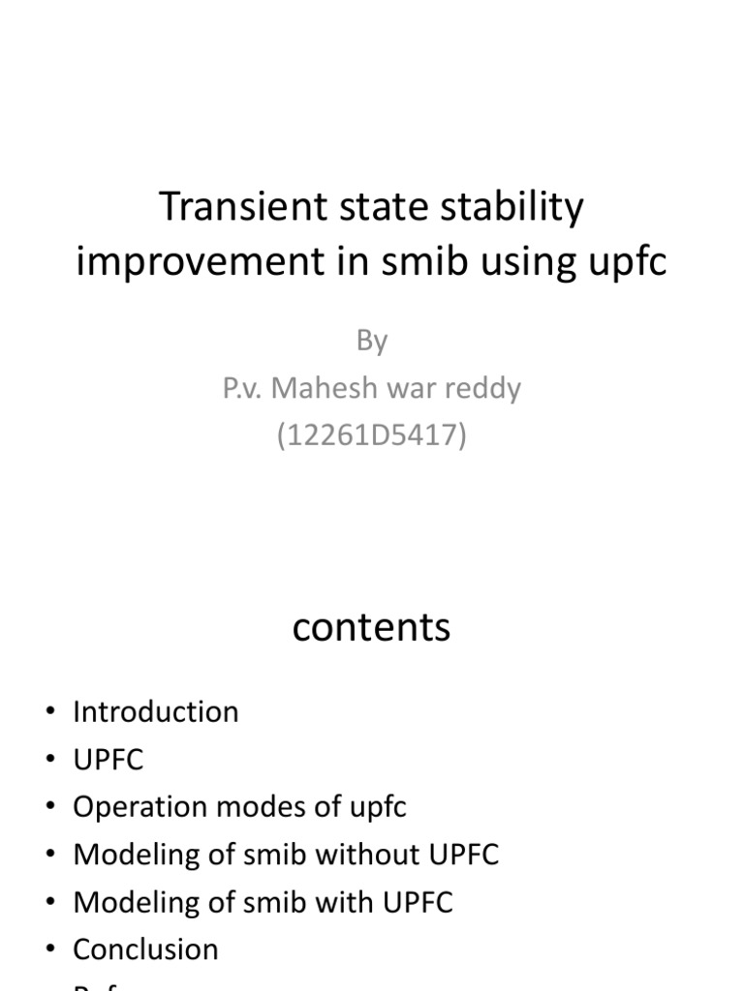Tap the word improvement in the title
[x=185, y=261]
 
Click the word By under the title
[x=372, y=341]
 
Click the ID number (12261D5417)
[x=372, y=435]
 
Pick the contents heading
[x=372, y=627]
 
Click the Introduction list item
[x=155, y=712]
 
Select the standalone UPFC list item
[x=108, y=760]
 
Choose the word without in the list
[x=366, y=855]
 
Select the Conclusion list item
[x=145, y=949]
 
